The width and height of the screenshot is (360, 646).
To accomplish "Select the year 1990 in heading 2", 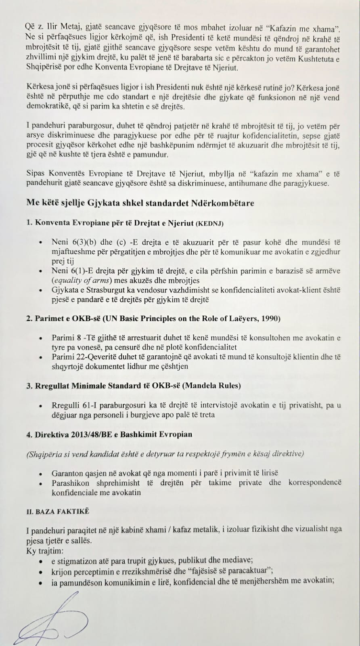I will point(271,318).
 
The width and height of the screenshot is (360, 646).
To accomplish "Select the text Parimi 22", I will point(68,357).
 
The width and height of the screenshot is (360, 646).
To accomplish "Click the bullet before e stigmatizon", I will point(40,561).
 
